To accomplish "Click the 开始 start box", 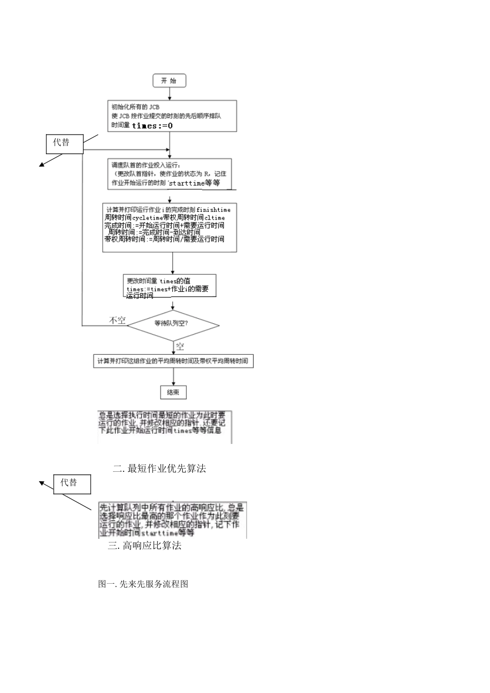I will click(x=169, y=80).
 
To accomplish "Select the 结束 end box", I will click(x=173, y=392).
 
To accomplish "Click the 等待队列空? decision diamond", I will click(x=173, y=324).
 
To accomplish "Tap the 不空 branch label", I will click(x=117, y=320).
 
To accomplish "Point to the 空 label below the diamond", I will click(x=179, y=346).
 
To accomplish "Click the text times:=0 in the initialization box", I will click(x=152, y=126).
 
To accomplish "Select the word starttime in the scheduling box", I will click(x=187, y=184).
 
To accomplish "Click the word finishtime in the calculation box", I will click(x=214, y=210).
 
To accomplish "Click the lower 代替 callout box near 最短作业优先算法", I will click(x=72, y=484).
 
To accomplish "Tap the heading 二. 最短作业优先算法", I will click(x=159, y=468).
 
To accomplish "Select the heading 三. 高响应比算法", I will click(x=144, y=546).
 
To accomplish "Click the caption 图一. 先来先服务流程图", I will click(x=143, y=584).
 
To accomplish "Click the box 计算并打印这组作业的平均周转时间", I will click(x=173, y=361).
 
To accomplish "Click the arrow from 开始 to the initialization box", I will click(x=169, y=94).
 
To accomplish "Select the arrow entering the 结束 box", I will click(x=173, y=376).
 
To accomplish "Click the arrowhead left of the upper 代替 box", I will click(x=40, y=165).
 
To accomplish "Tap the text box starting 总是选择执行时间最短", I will click(x=165, y=426).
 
